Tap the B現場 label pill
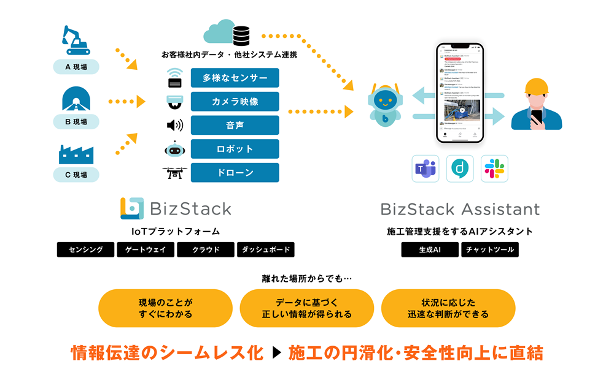[x=76, y=121]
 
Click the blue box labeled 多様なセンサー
[x=235, y=78]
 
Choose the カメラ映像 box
[x=235, y=102]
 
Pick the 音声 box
[x=235, y=125]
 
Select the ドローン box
[x=235, y=173]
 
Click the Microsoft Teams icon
[x=426, y=169]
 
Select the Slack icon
[x=494, y=169]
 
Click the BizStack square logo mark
[x=132, y=208]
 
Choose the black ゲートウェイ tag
[x=146, y=250]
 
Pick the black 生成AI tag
[x=430, y=250]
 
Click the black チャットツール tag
[x=490, y=250]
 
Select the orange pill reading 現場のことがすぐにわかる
[x=165, y=308]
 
